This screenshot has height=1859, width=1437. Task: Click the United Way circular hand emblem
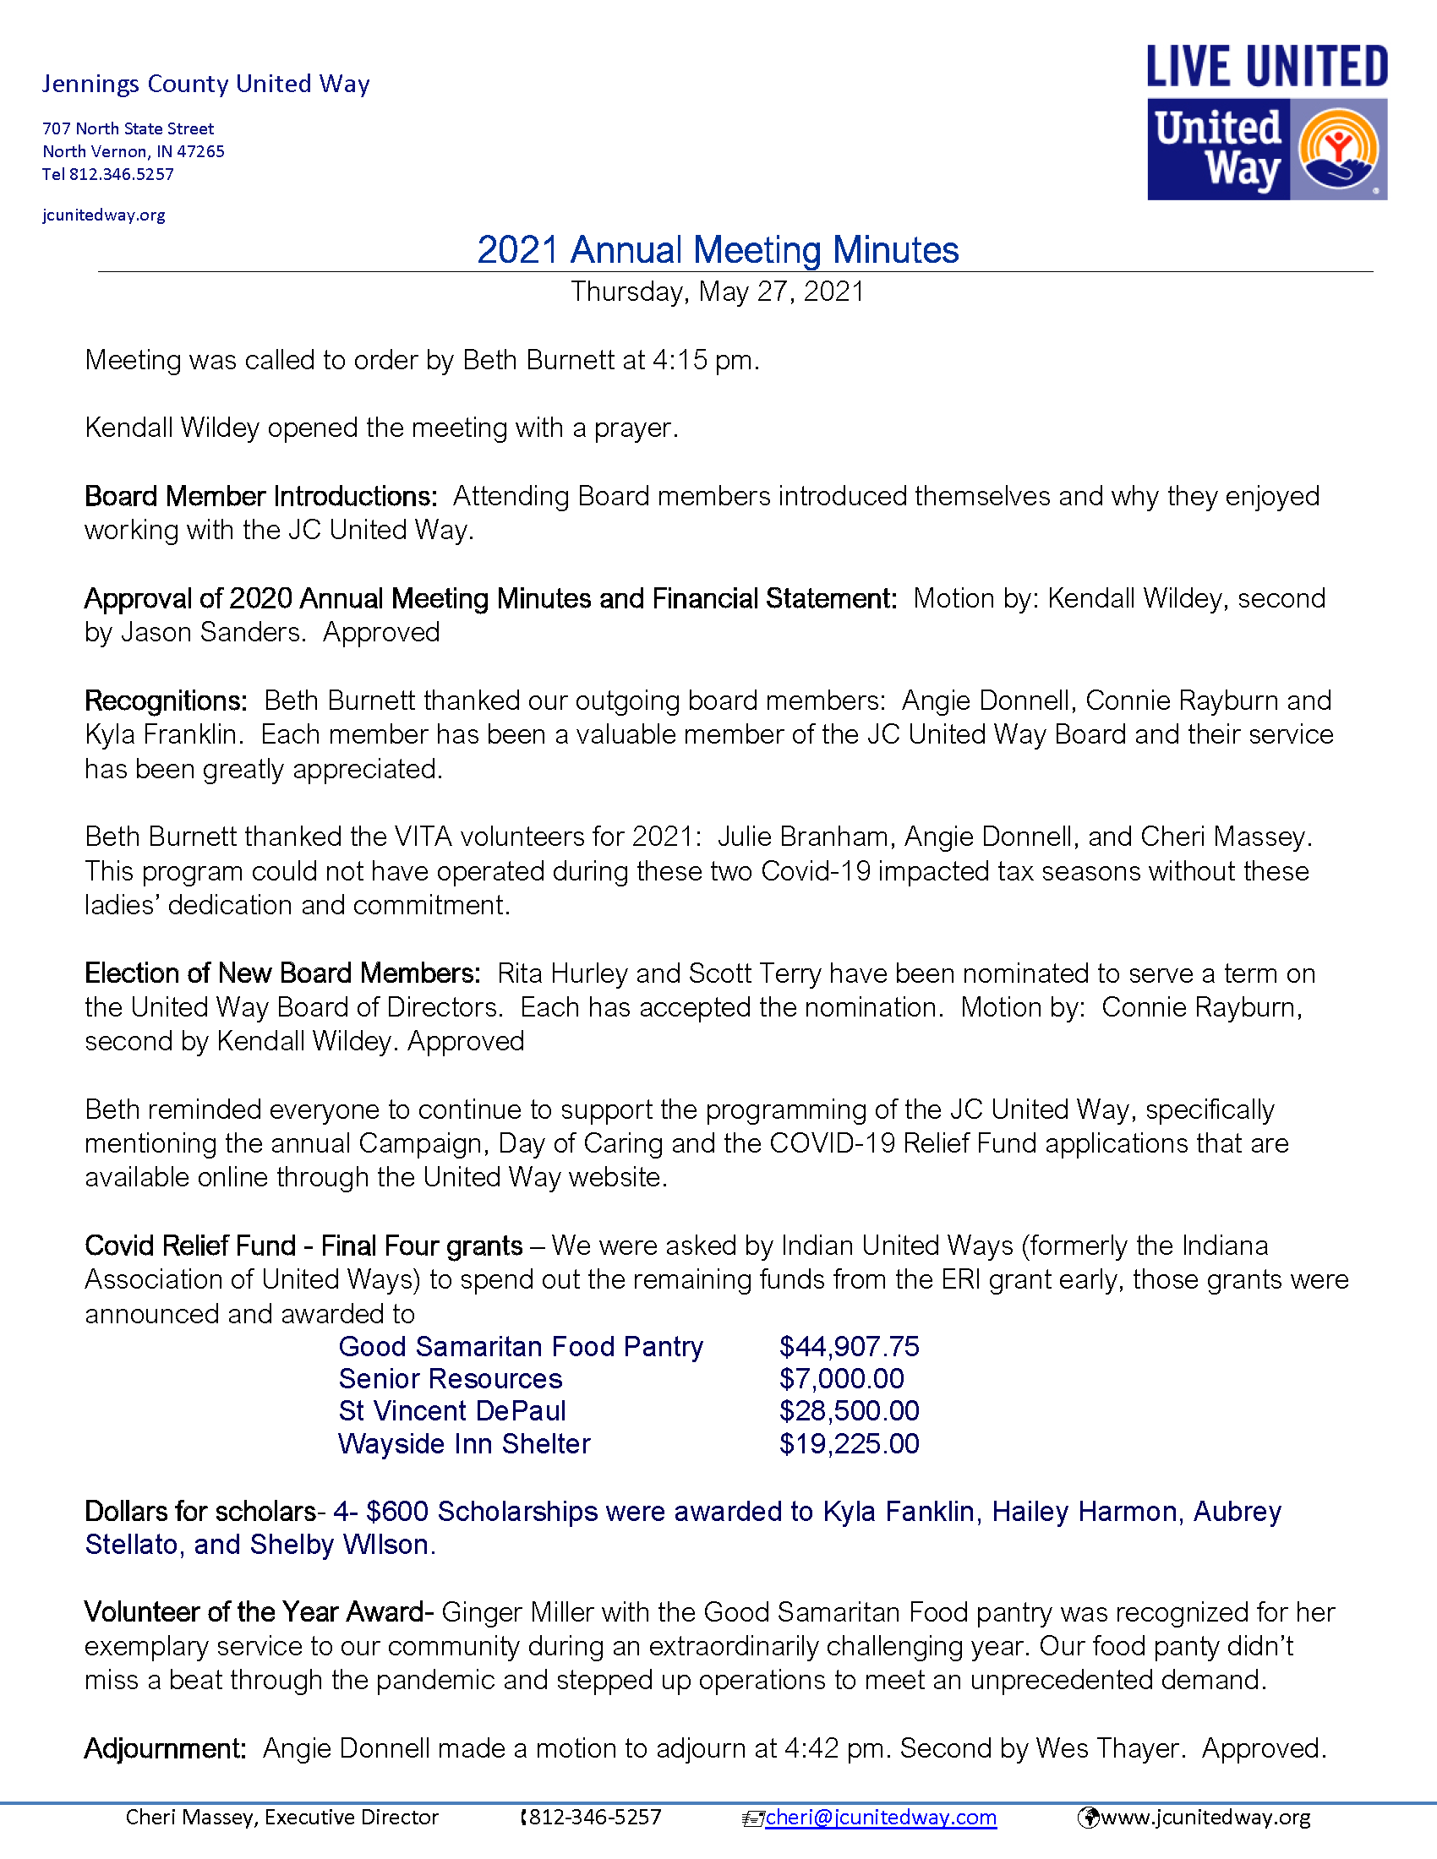click(1337, 150)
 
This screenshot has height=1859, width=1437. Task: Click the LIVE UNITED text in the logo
click(1267, 68)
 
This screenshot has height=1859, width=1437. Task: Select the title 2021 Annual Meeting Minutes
click(718, 250)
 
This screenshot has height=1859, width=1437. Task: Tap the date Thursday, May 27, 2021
click(718, 292)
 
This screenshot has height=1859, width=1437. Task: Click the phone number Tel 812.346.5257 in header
click(108, 175)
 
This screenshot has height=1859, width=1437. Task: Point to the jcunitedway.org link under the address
click(104, 215)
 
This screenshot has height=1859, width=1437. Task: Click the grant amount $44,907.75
click(849, 1347)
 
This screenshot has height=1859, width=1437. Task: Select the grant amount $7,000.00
click(841, 1379)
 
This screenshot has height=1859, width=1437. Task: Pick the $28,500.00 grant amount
click(849, 1411)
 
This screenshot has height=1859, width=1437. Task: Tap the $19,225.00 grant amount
click(849, 1443)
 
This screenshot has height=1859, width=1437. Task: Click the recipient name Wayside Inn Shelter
click(464, 1443)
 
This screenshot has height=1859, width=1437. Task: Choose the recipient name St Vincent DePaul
click(452, 1411)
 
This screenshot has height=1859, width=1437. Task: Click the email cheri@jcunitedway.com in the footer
click(880, 1818)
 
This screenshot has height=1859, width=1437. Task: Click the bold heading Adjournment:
click(165, 1748)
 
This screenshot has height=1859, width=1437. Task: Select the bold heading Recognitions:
click(166, 701)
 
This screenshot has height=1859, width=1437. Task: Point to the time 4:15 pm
click(705, 360)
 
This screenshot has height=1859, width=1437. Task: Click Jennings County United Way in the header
click(206, 84)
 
